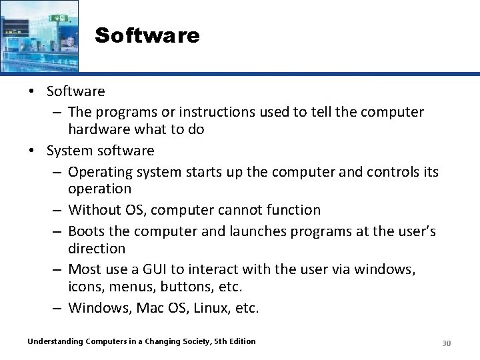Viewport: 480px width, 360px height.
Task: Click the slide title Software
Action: coord(147,35)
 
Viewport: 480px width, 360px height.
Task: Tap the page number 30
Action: coord(447,343)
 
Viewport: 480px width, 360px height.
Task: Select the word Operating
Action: coord(101,171)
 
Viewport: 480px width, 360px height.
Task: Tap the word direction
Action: coord(97,249)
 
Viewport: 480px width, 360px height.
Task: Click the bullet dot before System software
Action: coord(31,151)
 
